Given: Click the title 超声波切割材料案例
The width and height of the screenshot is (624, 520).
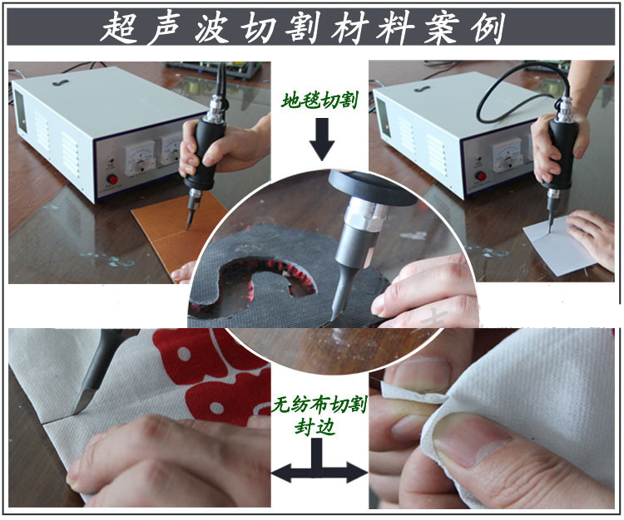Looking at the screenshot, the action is click(303, 27).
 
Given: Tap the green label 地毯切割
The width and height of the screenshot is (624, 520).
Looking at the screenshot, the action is click(320, 101).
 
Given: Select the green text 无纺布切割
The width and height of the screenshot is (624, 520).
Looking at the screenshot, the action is click(319, 405).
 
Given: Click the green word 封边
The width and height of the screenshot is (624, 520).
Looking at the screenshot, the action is click(314, 427).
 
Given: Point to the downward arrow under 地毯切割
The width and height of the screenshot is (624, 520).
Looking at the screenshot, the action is click(322, 139).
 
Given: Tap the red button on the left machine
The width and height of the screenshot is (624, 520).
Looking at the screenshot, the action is click(112, 179).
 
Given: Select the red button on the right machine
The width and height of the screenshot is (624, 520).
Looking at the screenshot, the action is click(481, 176).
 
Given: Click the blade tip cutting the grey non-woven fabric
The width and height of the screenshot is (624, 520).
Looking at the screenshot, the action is click(74, 412).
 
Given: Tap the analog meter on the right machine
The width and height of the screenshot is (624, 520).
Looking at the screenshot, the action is click(508, 155).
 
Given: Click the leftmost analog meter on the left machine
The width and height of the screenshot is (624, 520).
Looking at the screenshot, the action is click(140, 158).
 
